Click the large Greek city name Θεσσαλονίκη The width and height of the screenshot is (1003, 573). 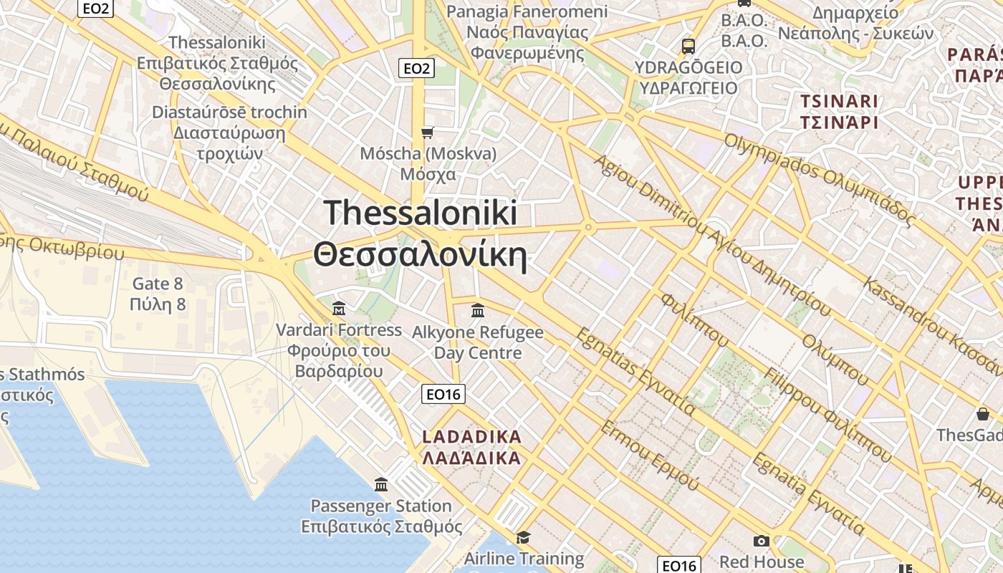point(420,255)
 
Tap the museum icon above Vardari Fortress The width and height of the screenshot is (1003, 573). point(339,309)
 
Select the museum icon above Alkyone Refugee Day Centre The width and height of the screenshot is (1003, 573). point(478,310)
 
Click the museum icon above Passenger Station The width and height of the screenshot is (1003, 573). point(381,485)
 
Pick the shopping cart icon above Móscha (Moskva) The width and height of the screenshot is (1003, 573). point(428,133)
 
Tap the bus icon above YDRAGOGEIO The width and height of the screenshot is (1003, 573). point(688,47)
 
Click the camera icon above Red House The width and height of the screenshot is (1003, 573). point(761,541)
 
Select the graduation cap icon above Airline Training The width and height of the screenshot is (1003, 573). point(524,537)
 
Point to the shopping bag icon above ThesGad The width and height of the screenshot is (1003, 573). point(982,414)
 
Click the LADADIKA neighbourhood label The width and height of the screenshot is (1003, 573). point(471,437)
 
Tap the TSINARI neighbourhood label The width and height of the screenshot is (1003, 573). point(839,102)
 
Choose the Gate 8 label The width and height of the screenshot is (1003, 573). point(158,284)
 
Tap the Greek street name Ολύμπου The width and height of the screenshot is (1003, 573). point(835,359)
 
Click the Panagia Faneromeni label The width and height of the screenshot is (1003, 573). point(527,12)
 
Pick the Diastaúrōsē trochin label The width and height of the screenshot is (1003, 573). point(229,112)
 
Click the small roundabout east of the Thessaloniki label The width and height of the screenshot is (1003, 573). point(588,228)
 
